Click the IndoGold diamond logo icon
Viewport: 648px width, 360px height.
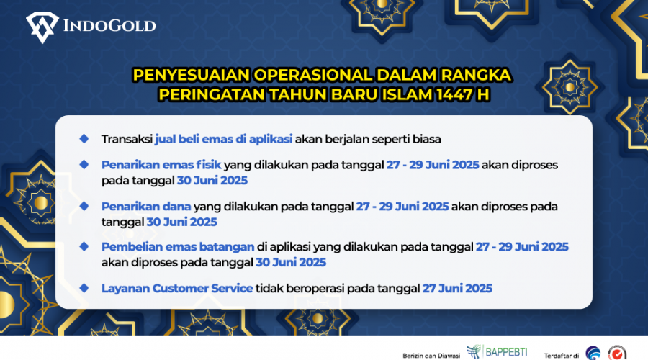[42, 27]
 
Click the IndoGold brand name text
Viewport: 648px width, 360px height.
[109, 26]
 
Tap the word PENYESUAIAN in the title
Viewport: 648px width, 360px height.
[192, 75]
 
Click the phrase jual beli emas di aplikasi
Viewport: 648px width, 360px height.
[224, 139]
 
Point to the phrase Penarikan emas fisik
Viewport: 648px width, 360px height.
[161, 165]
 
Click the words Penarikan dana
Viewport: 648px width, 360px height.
[146, 206]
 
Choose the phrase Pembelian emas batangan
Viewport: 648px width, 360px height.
[178, 247]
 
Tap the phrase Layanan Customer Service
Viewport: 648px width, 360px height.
[177, 288]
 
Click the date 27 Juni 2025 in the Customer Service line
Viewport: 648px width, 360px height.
[457, 288]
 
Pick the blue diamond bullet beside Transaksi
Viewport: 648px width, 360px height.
[84, 139]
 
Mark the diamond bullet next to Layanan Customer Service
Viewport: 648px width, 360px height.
[84, 288]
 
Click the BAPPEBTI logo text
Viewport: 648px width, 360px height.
[506, 352]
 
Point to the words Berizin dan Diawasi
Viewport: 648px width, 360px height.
[431, 356]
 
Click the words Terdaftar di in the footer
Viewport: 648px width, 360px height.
[561, 356]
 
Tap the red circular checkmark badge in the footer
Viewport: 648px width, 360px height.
[617, 353]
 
